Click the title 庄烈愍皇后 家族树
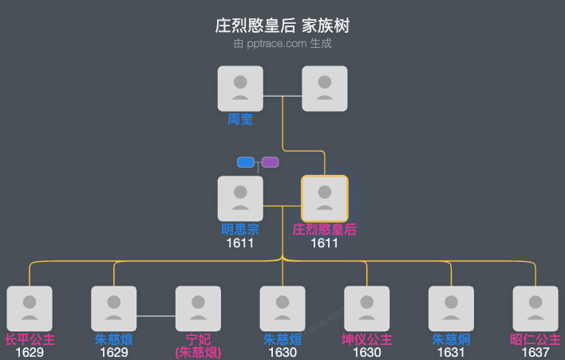[282, 26]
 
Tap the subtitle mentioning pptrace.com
[282, 44]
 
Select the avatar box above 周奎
[240, 88]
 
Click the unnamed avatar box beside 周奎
[325, 88]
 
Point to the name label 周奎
[240, 120]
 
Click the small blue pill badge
[246, 162]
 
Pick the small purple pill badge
[271, 162]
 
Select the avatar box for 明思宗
[240, 198]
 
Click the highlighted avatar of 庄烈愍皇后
[325, 198]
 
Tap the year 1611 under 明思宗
[240, 243]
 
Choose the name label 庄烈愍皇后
[325, 230]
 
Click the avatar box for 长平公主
[30, 308]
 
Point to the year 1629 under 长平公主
[30, 352]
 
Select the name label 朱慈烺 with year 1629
[114, 340]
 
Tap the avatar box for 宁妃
[198, 308]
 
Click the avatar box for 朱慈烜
[282, 308]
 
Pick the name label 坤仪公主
[367, 340]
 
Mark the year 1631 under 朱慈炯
[451, 352]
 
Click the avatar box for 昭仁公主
[535, 308]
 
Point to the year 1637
[535, 352]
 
